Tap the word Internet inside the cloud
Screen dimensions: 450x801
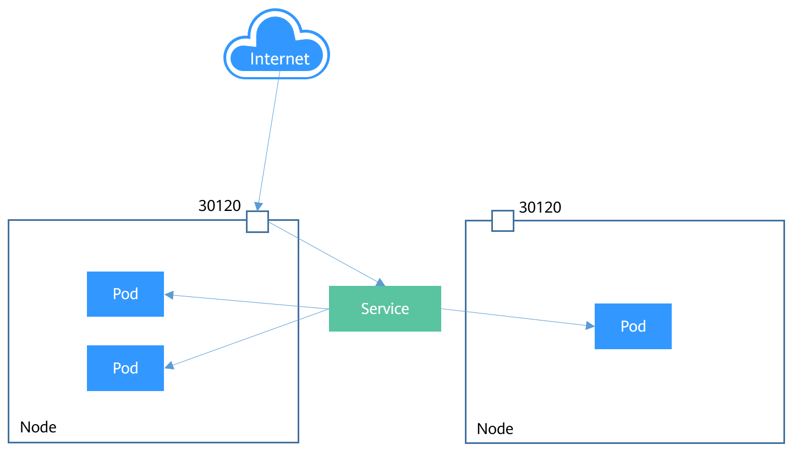[279, 59]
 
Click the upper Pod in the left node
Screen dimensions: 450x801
[125, 294]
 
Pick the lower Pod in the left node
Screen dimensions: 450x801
[125, 368]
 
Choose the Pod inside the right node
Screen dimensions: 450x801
[633, 326]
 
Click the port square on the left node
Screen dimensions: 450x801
[257, 221]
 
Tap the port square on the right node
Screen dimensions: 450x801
[502, 221]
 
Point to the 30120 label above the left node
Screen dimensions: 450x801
[220, 205]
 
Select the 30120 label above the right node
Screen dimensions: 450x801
[540, 207]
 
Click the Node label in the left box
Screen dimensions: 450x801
[38, 427]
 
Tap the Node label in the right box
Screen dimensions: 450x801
[495, 429]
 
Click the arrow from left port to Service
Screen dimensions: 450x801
[325, 253]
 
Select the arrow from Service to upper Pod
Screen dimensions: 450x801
[248, 302]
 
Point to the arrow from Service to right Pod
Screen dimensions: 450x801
[517, 317]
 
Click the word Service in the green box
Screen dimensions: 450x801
[385, 308]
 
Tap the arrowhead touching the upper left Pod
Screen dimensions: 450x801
[169, 295]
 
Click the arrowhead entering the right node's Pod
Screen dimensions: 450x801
[590, 326]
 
